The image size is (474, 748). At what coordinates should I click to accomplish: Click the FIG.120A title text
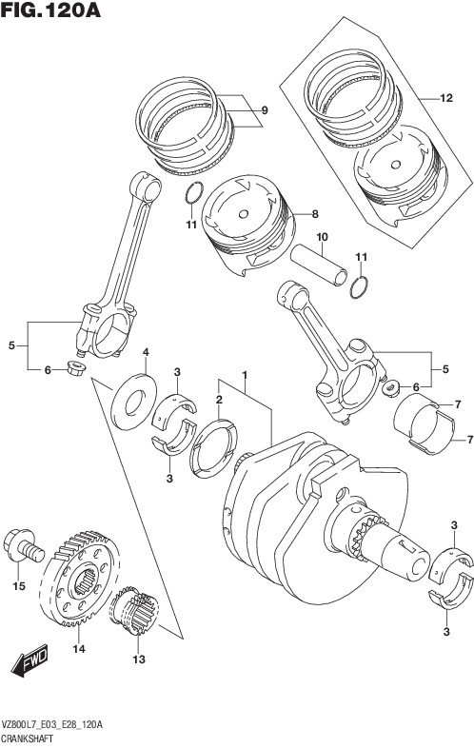[x=50, y=10]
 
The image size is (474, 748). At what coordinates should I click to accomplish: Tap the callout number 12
[x=446, y=98]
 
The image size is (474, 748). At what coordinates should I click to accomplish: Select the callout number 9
[x=265, y=110]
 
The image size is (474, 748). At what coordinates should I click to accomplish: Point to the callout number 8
[x=315, y=214]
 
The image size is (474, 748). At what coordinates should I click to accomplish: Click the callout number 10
[x=322, y=237]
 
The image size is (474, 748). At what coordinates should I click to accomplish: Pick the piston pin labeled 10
[x=319, y=265]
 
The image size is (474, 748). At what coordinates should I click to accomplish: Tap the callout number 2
[x=219, y=400]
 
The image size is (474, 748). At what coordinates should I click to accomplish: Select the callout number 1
[x=245, y=375]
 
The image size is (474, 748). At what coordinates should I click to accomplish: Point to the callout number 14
[x=79, y=649]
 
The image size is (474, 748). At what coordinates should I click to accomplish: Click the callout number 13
[x=138, y=659]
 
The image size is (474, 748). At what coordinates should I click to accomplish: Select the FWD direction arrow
[x=30, y=660]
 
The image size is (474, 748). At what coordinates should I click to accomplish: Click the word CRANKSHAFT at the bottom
[x=27, y=738]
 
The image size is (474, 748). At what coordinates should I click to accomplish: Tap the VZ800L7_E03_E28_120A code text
[x=51, y=725]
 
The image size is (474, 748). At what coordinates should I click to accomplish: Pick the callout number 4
[x=146, y=352]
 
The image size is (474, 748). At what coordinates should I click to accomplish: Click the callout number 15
[x=19, y=586]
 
